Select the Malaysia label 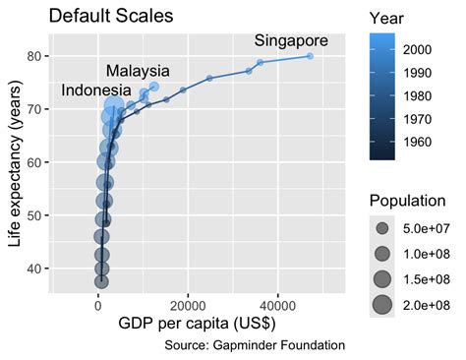(138, 71)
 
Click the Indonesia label (97, 90)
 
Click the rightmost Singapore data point (310, 56)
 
